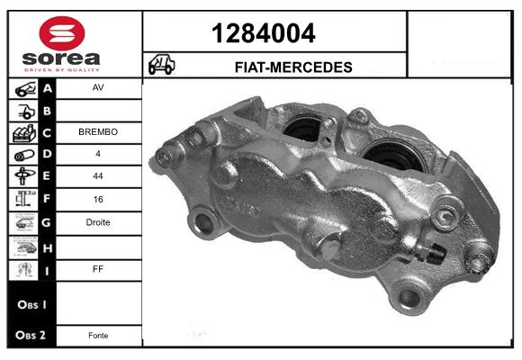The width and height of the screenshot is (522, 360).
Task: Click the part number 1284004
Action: (264, 33)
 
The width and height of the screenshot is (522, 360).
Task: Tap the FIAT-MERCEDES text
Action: (293, 67)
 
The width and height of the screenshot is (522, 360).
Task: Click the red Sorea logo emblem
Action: (62, 33)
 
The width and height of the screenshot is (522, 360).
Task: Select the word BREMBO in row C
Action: (98, 132)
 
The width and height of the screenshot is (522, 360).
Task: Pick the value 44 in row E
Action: (98, 175)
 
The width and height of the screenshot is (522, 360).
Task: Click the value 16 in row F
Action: (98, 199)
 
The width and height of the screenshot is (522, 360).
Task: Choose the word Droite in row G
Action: (98, 222)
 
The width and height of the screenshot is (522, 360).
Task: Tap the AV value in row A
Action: (98, 87)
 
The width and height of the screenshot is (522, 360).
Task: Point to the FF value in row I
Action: (98, 269)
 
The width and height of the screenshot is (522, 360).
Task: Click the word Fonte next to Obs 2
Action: (98, 336)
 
